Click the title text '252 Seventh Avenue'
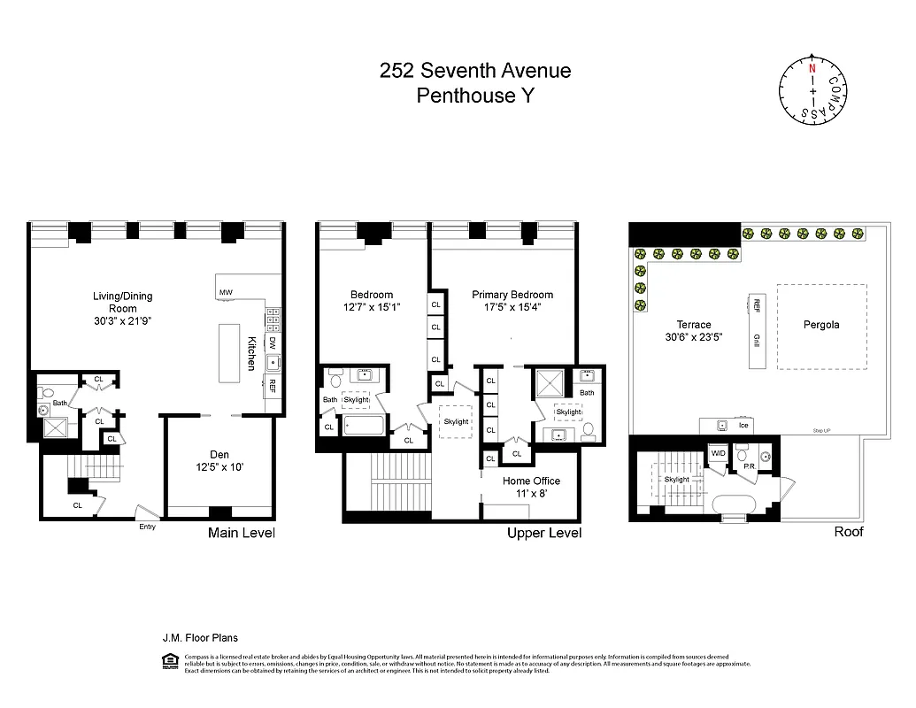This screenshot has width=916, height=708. (474, 72)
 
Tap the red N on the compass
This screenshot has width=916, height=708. (811, 67)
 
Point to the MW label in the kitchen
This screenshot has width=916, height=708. (226, 291)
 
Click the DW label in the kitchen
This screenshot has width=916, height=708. (273, 342)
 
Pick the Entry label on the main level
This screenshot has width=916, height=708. (147, 527)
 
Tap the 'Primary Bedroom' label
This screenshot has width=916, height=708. (512, 295)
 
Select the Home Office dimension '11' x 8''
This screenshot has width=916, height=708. (531, 495)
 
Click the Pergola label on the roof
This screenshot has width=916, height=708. (820, 325)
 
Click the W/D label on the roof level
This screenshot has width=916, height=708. (718, 453)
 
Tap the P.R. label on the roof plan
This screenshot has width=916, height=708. (748, 465)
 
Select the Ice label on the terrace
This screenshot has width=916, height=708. (743, 426)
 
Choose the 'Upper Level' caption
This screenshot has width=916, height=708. (543, 533)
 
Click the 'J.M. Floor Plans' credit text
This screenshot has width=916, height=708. (199, 637)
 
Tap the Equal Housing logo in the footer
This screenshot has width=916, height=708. (170, 659)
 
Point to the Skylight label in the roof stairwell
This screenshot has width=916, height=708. (676, 480)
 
